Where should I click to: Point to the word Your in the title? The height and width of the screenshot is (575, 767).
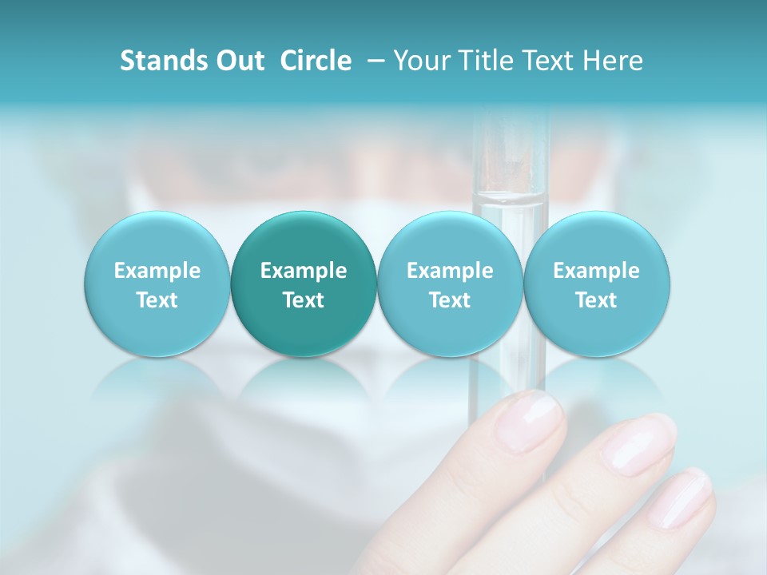point(420,61)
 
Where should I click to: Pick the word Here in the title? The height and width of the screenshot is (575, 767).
point(613,61)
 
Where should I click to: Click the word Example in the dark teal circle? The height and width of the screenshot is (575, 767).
point(304,271)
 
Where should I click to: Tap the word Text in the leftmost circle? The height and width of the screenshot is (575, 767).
point(157,300)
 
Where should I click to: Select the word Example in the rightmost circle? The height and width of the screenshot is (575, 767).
point(596,271)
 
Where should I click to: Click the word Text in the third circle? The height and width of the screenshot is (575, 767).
point(450,300)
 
